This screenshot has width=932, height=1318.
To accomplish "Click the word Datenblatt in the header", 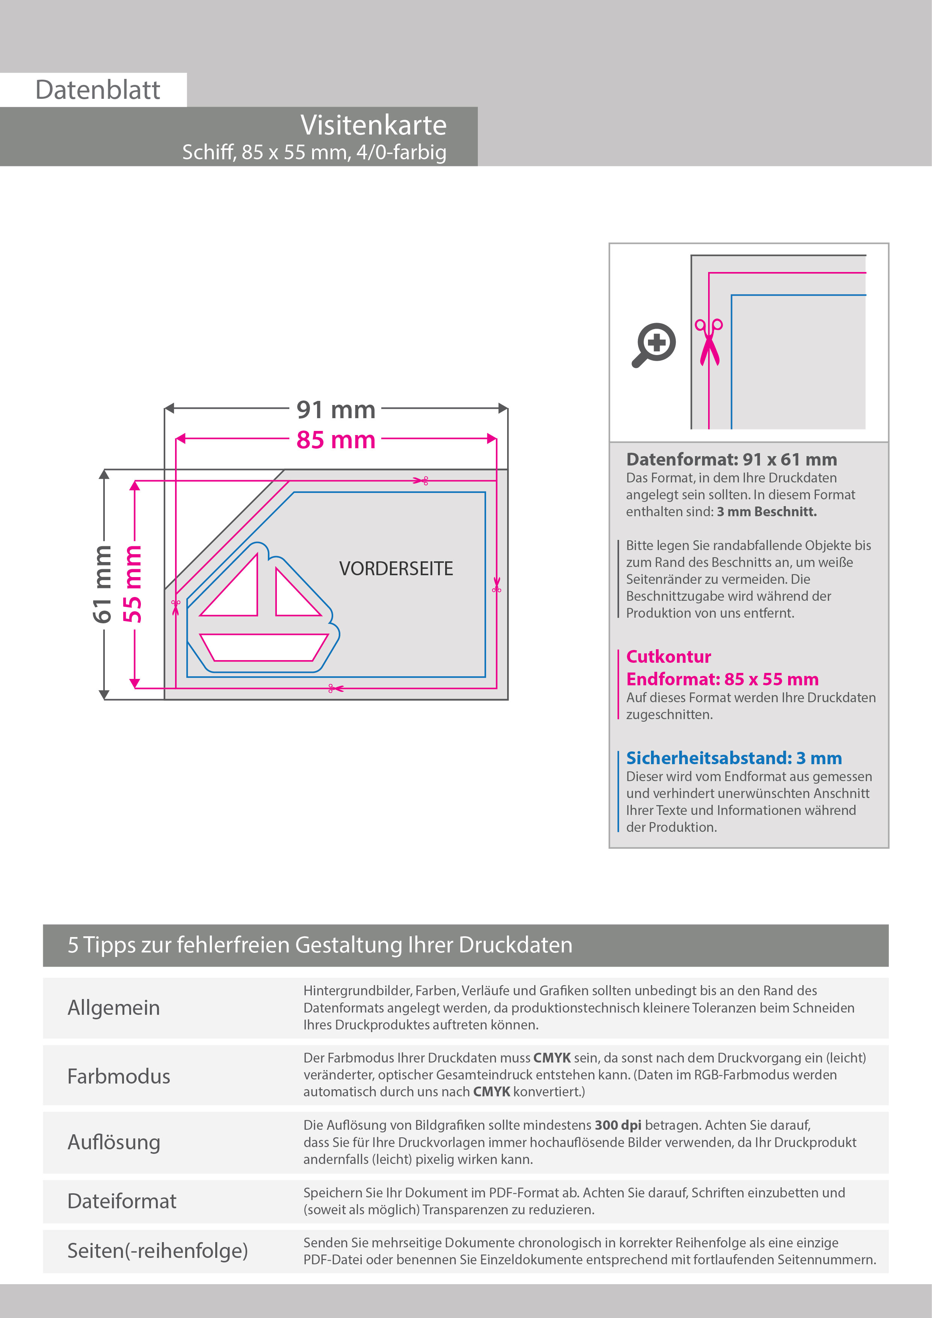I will click(98, 90).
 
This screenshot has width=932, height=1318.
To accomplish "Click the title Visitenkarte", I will click(373, 125).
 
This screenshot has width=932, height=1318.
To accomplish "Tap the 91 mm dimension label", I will click(336, 410).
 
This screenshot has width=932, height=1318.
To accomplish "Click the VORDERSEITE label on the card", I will click(396, 569).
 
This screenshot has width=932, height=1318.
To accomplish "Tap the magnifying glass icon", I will click(654, 345).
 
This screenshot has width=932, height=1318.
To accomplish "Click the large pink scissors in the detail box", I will click(709, 342).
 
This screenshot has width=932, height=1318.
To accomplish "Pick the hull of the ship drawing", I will click(264, 647).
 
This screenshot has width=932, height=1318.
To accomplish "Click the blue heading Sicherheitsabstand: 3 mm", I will click(733, 758).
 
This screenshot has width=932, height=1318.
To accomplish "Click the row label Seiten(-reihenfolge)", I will click(157, 1250).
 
